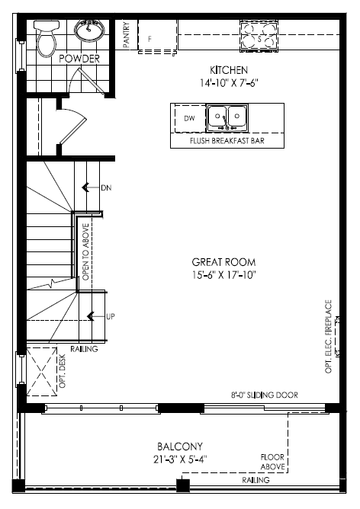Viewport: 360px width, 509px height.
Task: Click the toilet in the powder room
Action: (47, 38)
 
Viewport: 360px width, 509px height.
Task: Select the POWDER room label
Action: (79, 59)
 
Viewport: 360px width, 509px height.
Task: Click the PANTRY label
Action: (127, 35)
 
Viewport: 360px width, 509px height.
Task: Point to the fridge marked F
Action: (158, 36)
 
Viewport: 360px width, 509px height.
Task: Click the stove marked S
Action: (259, 36)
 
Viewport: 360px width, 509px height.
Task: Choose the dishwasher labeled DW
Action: (190, 118)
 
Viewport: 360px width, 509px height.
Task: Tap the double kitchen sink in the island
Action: (227, 117)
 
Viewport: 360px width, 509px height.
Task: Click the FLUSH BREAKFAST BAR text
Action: (227, 141)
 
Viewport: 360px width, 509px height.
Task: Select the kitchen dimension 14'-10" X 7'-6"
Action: (229, 83)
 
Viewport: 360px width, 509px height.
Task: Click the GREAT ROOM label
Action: (223, 262)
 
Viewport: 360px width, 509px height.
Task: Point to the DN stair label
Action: (106, 187)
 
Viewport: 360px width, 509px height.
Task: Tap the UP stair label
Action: (111, 316)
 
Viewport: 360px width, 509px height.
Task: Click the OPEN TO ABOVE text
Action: (85, 251)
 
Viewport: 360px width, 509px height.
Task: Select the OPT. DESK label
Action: (63, 371)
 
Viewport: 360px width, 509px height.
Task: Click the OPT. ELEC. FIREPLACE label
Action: (328, 337)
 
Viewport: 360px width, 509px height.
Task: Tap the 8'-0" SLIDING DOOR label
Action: (265, 395)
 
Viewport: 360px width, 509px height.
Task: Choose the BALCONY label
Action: (180, 447)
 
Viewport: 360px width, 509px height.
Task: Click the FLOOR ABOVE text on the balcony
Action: (272, 462)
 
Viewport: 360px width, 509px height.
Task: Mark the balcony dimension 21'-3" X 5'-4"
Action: (180, 459)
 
